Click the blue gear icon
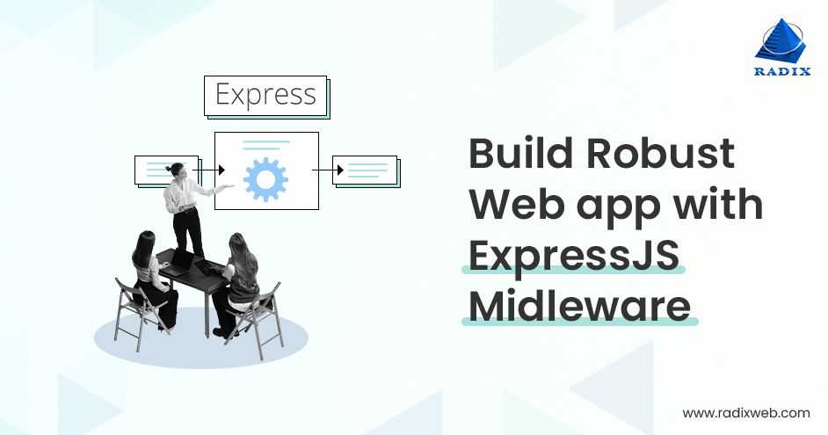coord(265,179)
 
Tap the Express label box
coord(265,96)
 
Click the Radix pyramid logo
coord(781,40)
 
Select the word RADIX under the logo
coord(782,71)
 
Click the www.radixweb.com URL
coord(745,413)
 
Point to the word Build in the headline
coord(520,153)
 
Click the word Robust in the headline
coord(661,153)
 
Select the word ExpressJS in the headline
coord(574,256)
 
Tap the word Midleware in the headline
coord(580,306)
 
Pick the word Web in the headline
coord(517,204)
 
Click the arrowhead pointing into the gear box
coord(222,170)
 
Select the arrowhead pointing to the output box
coord(340,170)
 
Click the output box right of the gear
coord(366,170)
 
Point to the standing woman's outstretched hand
coord(229,186)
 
